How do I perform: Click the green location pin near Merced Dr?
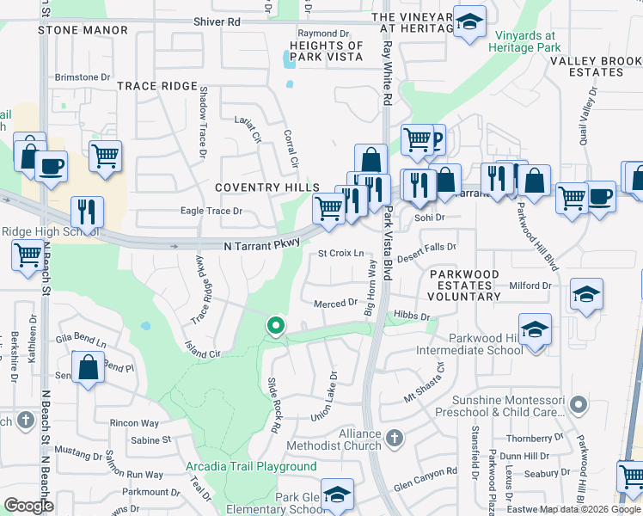click(275, 326)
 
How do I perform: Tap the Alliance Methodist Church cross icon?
click(395, 439)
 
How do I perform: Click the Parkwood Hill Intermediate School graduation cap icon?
click(535, 331)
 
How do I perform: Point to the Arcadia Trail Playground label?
click(251, 467)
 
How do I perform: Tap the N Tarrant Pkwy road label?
click(261, 245)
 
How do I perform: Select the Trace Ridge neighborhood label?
click(157, 86)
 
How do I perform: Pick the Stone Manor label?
click(83, 30)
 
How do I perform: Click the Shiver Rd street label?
click(217, 21)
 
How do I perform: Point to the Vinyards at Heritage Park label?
click(528, 42)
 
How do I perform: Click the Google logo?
click(28, 506)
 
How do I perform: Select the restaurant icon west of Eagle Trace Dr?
click(88, 212)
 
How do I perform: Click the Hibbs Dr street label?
click(414, 316)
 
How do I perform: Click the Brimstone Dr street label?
click(83, 77)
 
